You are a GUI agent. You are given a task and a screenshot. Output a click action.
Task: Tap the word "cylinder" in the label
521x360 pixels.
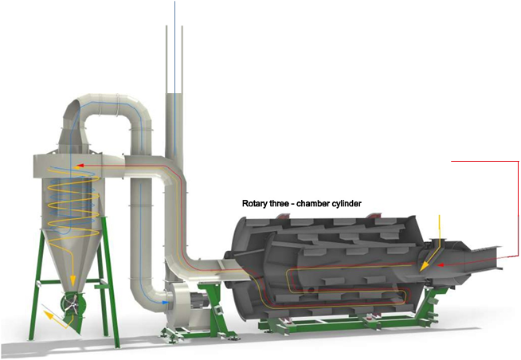(347, 203)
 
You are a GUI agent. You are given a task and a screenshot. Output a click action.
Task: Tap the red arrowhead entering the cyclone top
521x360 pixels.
(80, 165)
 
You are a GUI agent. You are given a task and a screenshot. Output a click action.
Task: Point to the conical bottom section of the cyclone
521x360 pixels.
(72, 256)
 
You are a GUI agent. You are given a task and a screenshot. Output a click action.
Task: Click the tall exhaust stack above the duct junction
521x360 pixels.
(174, 126)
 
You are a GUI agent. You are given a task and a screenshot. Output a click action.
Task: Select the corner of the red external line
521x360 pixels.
(519, 162)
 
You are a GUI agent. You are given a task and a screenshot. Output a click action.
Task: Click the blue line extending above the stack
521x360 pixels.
(174, 46)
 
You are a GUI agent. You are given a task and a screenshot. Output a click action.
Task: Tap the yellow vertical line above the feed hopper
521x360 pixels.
(440, 227)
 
